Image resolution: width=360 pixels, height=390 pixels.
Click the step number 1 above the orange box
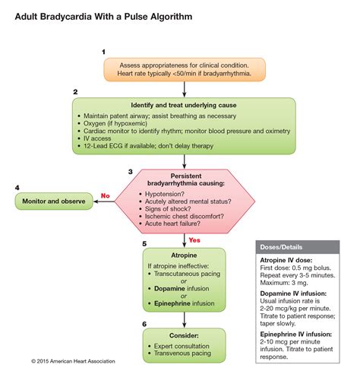(103, 52)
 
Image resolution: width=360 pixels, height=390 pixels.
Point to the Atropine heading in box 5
(183, 255)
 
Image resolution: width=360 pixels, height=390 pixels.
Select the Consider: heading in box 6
(183, 335)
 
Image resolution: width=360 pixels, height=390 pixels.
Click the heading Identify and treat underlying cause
(183, 103)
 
